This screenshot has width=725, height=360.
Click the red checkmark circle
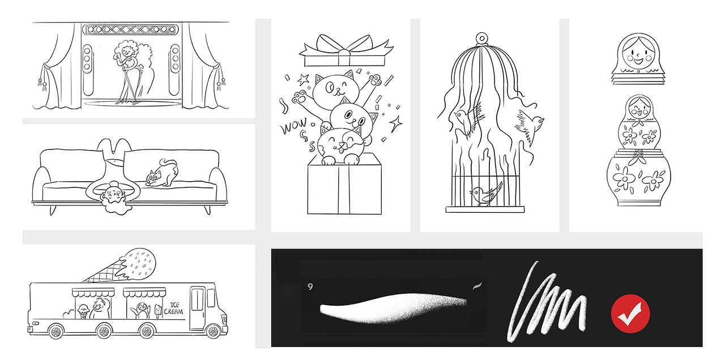pos(630,314)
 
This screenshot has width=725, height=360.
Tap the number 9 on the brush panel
pos(310,286)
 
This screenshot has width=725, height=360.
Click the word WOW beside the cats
pos(294,126)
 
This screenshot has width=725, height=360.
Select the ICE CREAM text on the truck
pos(174,308)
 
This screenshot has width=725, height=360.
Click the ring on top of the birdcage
pos(482,39)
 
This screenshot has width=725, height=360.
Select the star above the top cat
pos(304,79)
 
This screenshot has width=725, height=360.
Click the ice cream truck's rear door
pos(197,307)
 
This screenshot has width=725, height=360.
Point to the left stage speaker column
pos(87,70)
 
